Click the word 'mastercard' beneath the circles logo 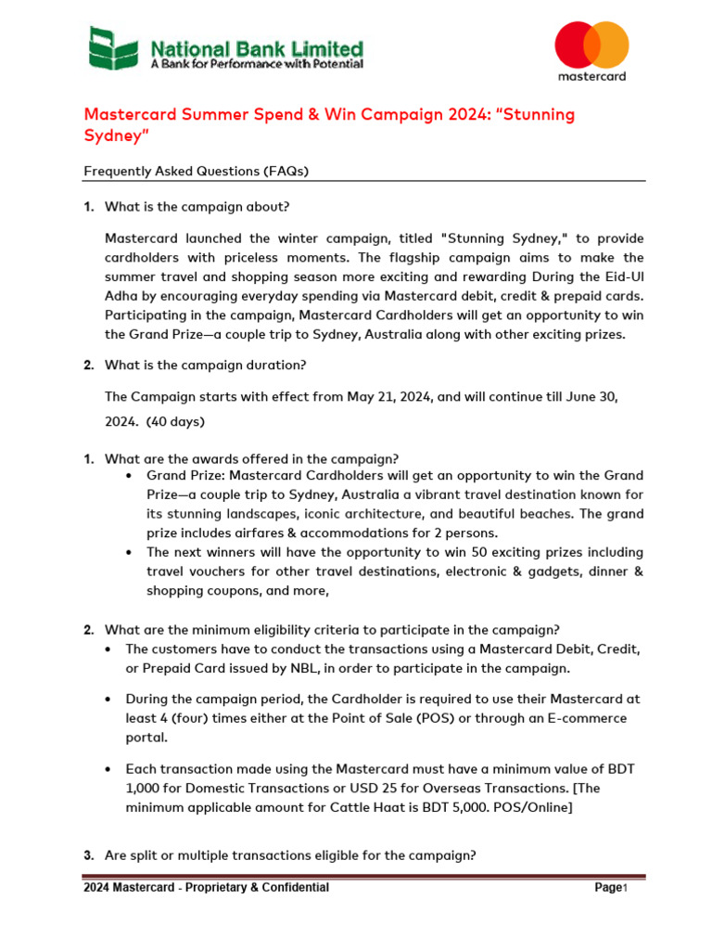[x=591, y=75]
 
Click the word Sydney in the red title [x=116, y=135]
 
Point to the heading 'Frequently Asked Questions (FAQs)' [x=197, y=171]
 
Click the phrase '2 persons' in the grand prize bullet [x=467, y=533]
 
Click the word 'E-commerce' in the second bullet [x=589, y=718]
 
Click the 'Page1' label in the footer [x=611, y=888]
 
